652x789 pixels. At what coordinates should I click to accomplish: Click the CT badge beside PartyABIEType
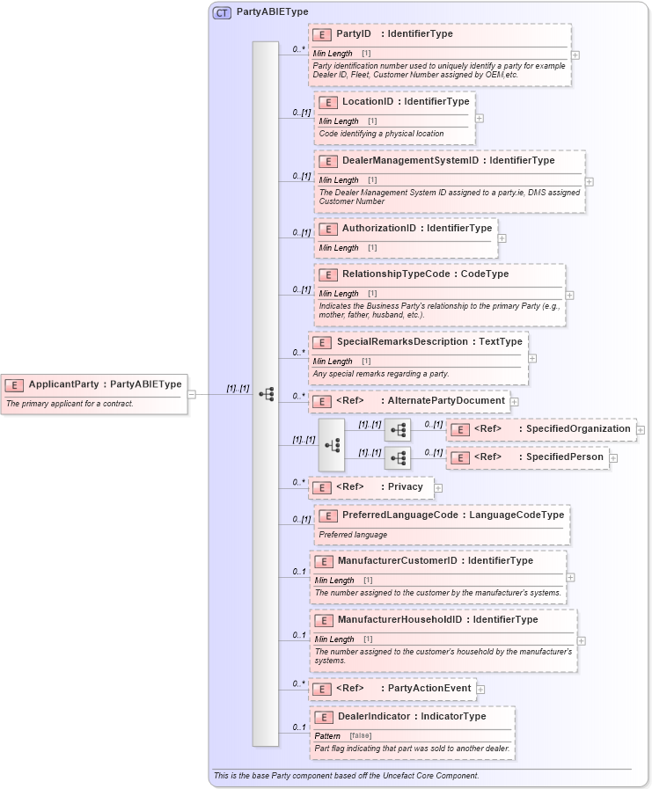222,12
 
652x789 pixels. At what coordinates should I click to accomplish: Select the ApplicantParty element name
63,384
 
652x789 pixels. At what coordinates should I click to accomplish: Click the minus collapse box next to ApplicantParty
192,394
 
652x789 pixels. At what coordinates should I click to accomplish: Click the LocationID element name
367,102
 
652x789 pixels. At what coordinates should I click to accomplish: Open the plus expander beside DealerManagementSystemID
590,182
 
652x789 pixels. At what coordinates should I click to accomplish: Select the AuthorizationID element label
378,229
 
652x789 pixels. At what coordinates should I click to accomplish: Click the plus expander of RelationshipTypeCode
570,296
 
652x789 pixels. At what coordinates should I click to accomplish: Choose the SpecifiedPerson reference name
565,457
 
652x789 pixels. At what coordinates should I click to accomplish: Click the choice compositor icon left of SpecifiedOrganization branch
332,444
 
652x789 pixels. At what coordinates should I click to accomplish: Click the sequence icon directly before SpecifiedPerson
398,458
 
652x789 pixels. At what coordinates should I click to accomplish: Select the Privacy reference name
406,486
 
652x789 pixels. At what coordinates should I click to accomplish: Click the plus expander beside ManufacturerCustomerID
571,577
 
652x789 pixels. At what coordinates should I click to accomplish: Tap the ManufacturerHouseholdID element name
399,620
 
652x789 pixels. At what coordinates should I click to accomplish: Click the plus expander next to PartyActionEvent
480,689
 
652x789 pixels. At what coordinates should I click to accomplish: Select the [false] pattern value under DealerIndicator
360,735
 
